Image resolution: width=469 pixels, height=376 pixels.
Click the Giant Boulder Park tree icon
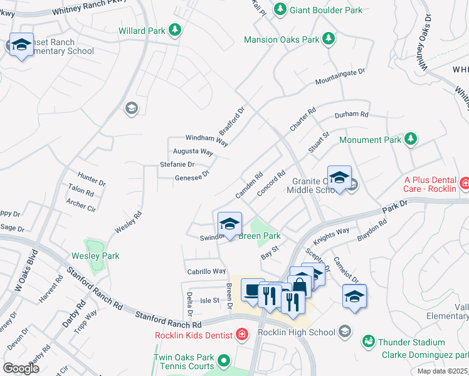coord(280,9)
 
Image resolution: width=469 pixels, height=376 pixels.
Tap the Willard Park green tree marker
coord(176,29)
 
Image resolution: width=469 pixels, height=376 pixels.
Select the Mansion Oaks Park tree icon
coord(328,39)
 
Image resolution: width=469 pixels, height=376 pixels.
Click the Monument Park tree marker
coord(410,139)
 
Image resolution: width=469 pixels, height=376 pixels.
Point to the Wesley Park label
coord(95,256)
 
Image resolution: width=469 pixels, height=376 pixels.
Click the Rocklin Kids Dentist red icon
coord(241,335)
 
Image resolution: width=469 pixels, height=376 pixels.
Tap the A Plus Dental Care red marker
coord(465,183)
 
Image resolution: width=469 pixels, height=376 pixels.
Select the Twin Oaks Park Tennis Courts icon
coord(223,361)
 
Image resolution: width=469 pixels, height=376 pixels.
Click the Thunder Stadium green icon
coord(369,342)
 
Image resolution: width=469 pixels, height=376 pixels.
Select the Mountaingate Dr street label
coord(340,77)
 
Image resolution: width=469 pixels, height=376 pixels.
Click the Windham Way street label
coord(206,139)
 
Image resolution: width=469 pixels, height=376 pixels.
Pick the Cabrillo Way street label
coord(206,271)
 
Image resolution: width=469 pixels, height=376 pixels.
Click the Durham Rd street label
coord(351,115)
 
